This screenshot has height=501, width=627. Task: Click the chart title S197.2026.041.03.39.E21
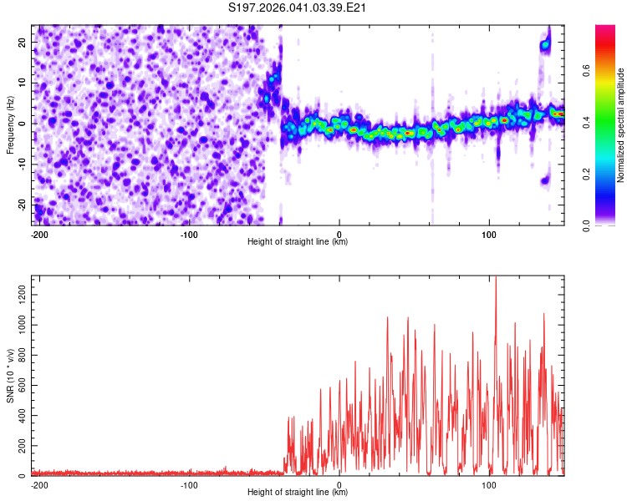[x=298, y=8]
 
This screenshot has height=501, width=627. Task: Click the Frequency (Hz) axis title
[x=10, y=125]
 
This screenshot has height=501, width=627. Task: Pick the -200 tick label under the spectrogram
[x=38, y=233]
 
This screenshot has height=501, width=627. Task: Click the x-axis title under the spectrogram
[x=298, y=242]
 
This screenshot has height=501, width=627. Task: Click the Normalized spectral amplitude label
[x=621, y=125]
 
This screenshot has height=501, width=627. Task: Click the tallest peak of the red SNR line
[x=496, y=278]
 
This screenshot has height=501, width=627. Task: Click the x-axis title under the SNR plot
[x=298, y=493]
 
